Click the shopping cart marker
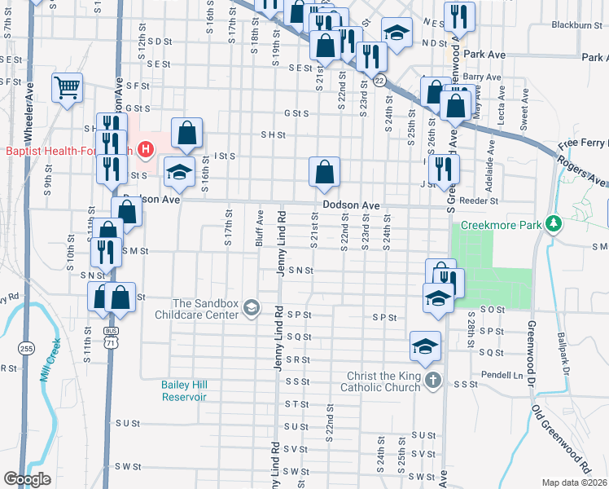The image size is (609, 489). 67,87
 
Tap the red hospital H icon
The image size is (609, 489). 146,150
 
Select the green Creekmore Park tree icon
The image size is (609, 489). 554,223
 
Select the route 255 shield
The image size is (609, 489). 28,348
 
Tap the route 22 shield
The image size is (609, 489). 379,80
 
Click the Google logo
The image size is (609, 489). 27,478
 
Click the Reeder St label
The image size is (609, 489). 480,200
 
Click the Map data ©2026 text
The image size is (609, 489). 576,482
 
